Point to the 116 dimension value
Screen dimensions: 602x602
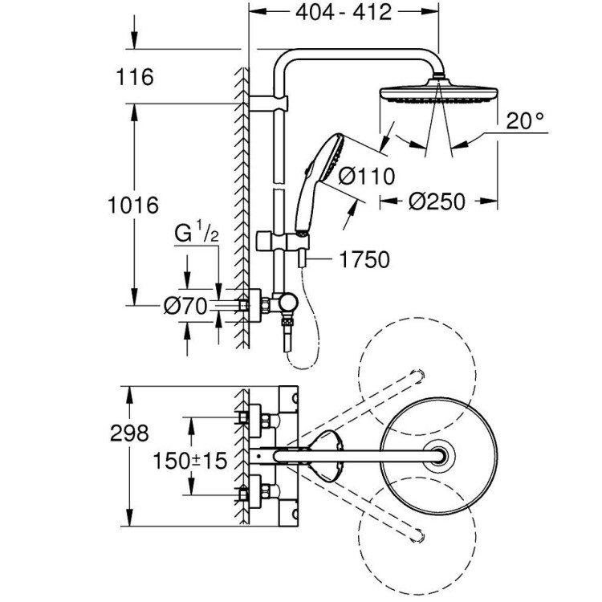(x=134, y=78)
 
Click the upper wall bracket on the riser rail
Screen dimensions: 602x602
(x=272, y=104)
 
